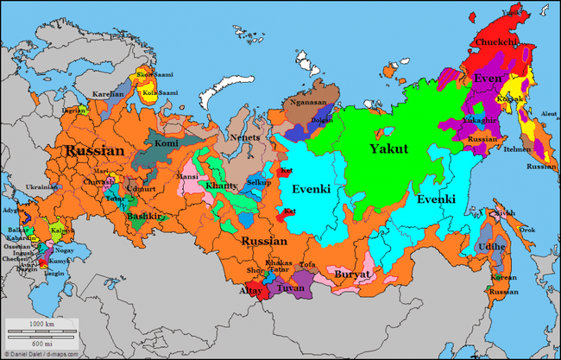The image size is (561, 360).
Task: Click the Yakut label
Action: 388,148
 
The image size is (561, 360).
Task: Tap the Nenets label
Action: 243,137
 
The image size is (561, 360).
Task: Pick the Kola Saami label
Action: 162,92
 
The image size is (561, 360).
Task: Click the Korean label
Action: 503,278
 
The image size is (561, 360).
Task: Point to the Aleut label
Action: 548,113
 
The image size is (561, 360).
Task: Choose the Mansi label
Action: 188,175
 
